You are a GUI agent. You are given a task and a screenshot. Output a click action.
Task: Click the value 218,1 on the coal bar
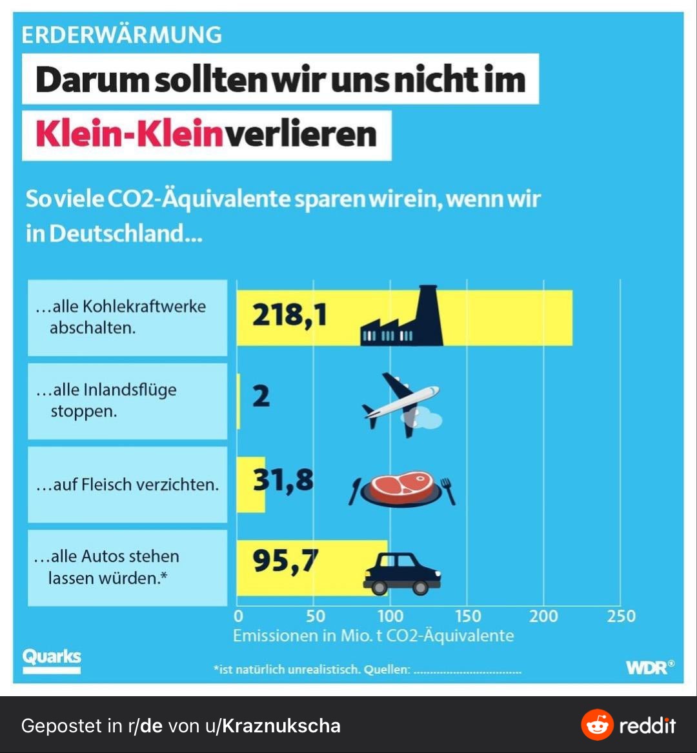pyautogui.click(x=289, y=316)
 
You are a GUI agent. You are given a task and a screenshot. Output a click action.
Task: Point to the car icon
pyautogui.click(x=401, y=573)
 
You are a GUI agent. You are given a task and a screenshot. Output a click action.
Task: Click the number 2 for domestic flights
pyautogui.click(x=261, y=396)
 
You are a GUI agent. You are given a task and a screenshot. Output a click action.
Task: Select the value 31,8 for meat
pyautogui.click(x=283, y=480)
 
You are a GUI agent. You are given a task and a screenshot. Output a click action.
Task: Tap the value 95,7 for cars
pyautogui.click(x=285, y=561)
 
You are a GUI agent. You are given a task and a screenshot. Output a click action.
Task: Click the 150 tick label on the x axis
pyautogui.click(x=467, y=616)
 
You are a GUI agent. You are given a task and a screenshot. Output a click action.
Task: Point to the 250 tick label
pyautogui.click(x=621, y=616)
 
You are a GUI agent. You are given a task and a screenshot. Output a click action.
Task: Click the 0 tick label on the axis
pyautogui.click(x=238, y=616)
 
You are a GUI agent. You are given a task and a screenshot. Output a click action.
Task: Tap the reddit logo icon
pyautogui.click(x=597, y=725)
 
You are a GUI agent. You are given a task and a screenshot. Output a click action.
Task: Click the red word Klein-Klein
pyautogui.click(x=124, y=135)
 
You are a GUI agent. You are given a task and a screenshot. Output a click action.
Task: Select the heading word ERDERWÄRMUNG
pyautogui.click(x=121, y=35)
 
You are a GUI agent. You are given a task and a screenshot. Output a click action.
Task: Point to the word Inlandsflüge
pyautogui.click(x=130, y=390)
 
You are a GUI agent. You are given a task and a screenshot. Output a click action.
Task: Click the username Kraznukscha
pyautogui.click(x=280, y=726)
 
